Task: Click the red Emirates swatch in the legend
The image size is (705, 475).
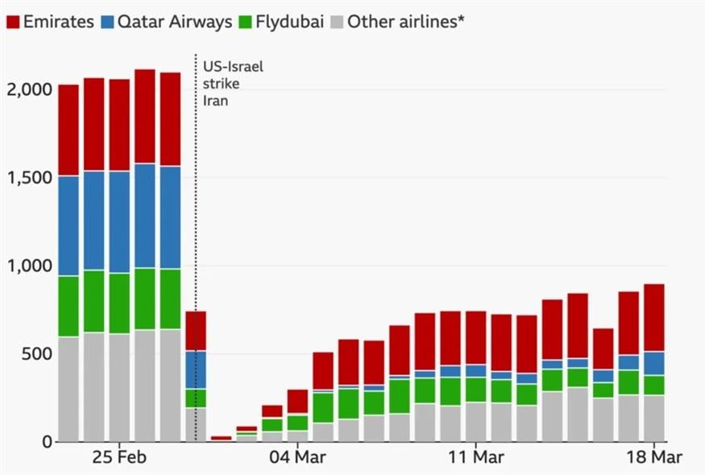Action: [13, 22]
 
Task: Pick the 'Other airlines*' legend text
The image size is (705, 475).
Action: [406, 22]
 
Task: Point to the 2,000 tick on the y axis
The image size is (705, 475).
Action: [28, 89]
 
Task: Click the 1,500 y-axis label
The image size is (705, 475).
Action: [28, 177]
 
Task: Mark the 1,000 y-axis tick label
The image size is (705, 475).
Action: [28, 266]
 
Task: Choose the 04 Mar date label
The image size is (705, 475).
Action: [297, 457]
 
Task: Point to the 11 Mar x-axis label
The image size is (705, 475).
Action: [475, 457]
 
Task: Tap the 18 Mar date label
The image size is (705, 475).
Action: [653, 457]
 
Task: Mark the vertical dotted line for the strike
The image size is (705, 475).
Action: [196, 242]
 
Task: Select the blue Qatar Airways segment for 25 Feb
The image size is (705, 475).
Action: [119, 222]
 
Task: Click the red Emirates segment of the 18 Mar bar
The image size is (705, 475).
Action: [654, 318]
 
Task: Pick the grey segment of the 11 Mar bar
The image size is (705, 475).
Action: [476, 422]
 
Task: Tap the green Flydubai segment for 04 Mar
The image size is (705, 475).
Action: [297, 423]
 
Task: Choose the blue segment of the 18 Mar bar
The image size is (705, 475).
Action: [654, 364]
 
